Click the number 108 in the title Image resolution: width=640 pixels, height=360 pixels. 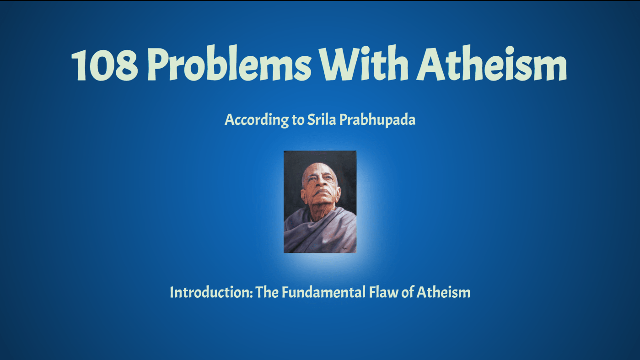(105, 64)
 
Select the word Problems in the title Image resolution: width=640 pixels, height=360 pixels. (229, 64)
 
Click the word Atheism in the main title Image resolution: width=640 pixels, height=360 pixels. (491, 63)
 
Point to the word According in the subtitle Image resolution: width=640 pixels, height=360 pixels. (257, 120)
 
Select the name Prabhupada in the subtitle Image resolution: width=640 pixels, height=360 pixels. (377, 120)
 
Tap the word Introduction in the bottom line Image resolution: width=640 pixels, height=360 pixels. (211, 292)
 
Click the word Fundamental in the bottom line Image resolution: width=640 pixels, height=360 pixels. (324, 292)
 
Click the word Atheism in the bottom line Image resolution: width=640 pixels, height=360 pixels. (443, 292)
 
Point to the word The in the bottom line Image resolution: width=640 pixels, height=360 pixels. (267, 292)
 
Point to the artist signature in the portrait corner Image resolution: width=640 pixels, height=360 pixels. (344, 248)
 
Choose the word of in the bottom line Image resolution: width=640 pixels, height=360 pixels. (408, 292)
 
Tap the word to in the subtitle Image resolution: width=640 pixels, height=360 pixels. (298, 120)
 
